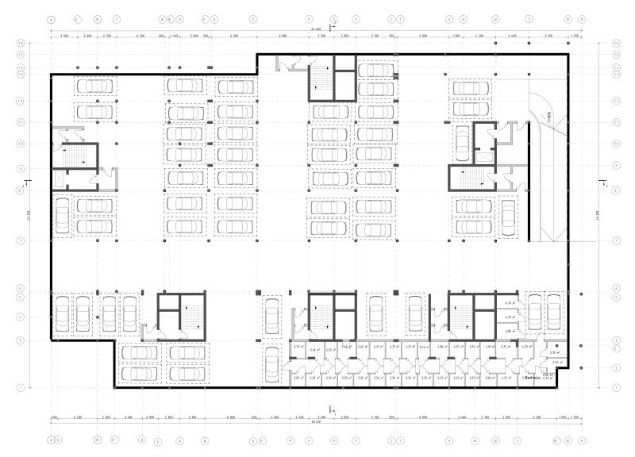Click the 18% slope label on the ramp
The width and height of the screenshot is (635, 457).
[549, 119]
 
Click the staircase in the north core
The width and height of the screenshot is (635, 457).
[320, 77]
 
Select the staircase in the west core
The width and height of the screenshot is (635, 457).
[70, 155]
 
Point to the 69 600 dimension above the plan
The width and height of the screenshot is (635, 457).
[317, 31]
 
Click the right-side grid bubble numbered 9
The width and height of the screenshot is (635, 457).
[614, 165]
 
